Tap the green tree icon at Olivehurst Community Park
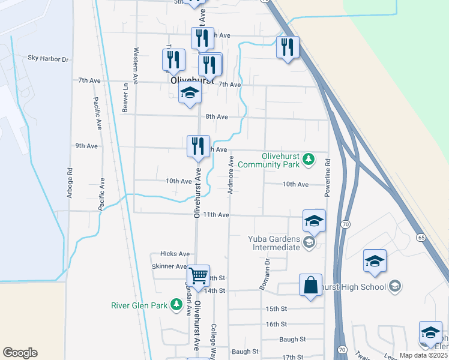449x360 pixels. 309,159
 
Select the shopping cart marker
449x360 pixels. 198,276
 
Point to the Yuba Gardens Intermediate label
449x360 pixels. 274,242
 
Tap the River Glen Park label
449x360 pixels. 139,305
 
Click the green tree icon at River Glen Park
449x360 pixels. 176,305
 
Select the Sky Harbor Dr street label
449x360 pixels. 49,59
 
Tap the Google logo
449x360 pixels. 20,353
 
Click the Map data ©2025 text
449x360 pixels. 423,355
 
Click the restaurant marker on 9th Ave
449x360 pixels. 198,146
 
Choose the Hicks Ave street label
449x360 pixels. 175,254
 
